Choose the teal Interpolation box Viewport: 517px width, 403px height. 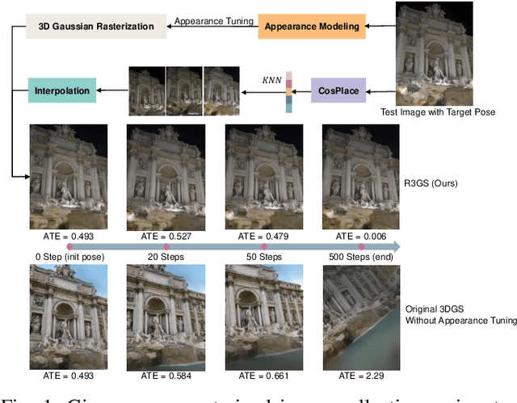pyautogui.click(x=61, y=88)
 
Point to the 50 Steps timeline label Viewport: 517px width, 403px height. pyautogui.click(x=264, y=256)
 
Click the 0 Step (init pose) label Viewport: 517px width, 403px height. pyautogui.click(x=63, y=256)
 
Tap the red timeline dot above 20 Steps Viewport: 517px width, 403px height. pyautogui.click(x=165, y=246)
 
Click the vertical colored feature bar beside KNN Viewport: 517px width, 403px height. pyautogui.click(x=288, y=91)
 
